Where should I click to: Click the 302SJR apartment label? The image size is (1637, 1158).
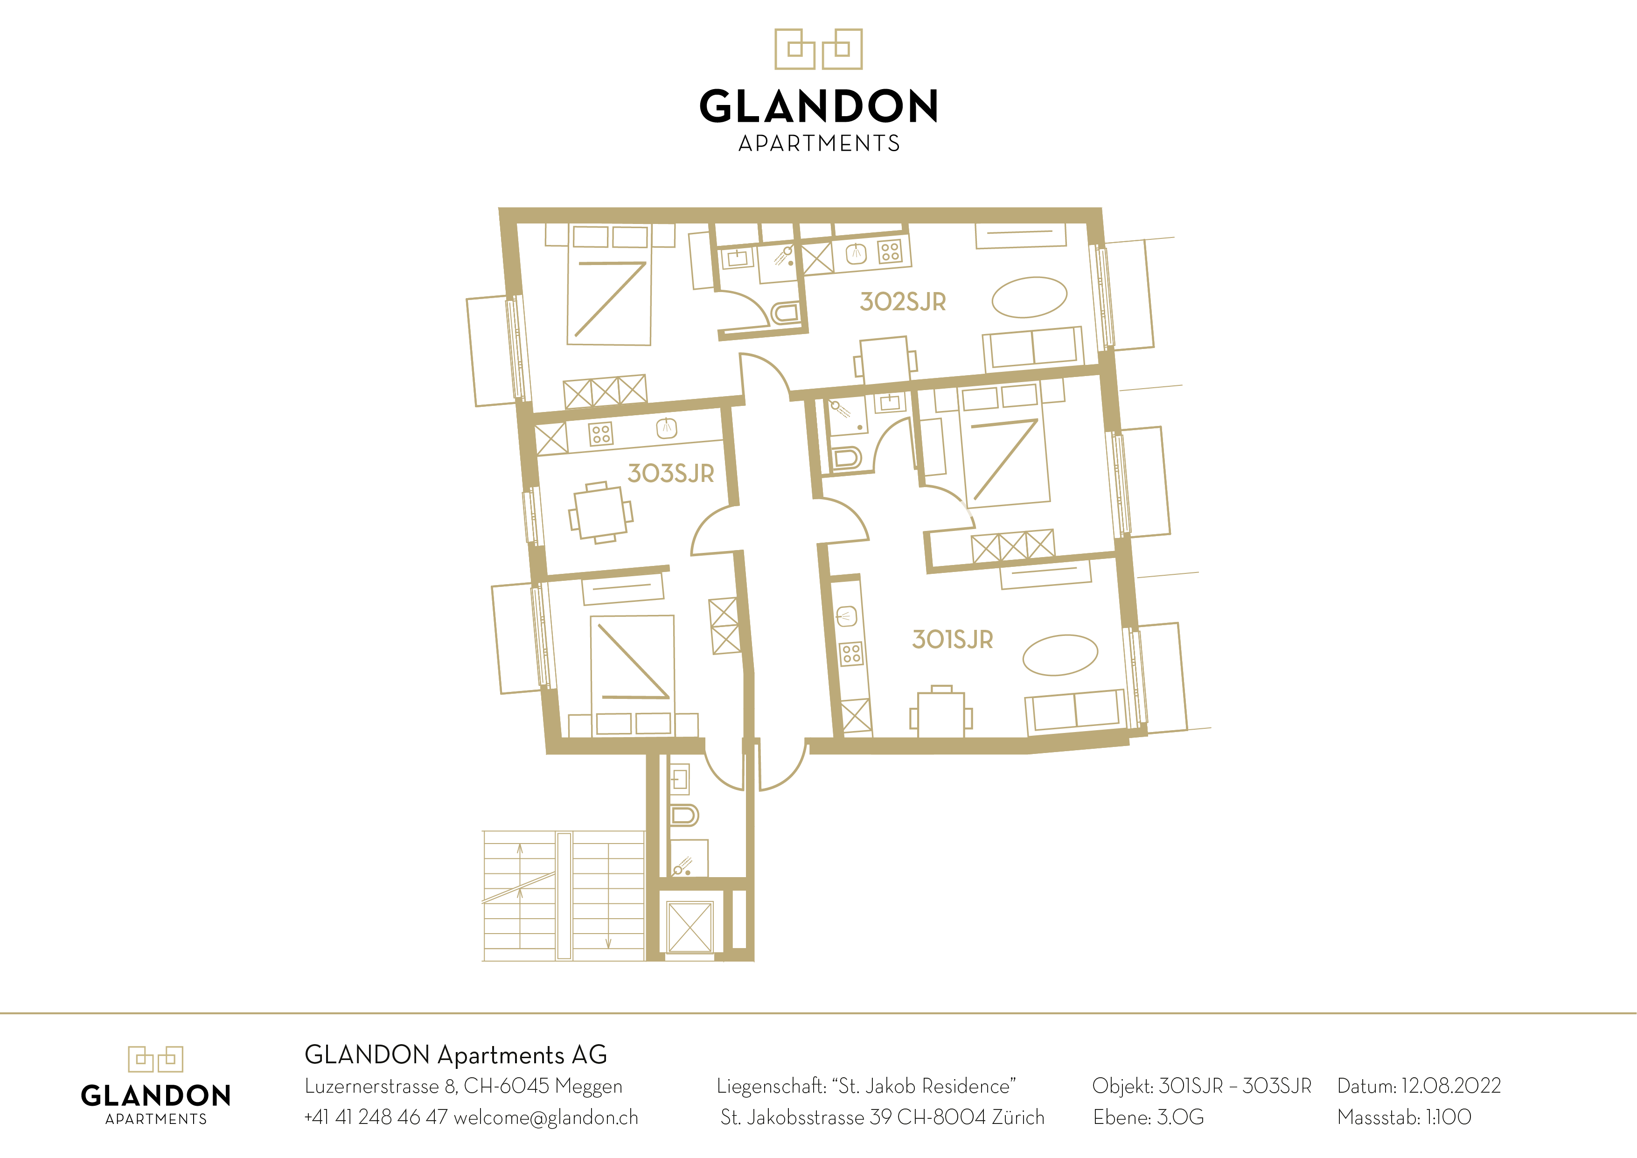click(x=903, y=301)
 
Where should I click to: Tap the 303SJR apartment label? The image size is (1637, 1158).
click(x=670, y=474)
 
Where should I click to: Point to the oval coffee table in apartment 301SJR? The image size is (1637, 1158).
click(x=1060, y=655)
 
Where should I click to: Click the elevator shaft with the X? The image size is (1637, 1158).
click(x=690, y=927)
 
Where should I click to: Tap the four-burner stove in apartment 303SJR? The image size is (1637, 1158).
click(x=600, y=433)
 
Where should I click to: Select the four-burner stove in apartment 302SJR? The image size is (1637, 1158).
click(x=890, y=251)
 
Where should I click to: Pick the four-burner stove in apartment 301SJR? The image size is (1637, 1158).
click(x=851, y=653)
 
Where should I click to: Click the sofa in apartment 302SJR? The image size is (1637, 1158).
click(x=1033, y=349)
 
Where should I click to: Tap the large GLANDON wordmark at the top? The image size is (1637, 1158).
click(x=818, y=106)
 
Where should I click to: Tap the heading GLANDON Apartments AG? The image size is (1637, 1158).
click(x=456, y=1054)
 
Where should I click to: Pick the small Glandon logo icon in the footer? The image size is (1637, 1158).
click(x=155, y=1059)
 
